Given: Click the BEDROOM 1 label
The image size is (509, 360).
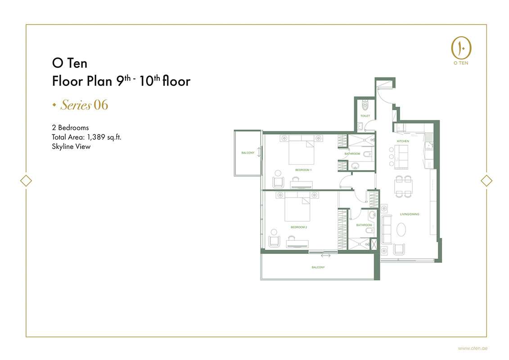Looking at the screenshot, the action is pyautogui.click(x=303, y=170).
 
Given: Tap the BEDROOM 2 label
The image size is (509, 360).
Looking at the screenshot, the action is pyautogui.click(x=299, y=227).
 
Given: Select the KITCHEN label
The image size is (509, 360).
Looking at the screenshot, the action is pyautogui.click(x=403, y=141).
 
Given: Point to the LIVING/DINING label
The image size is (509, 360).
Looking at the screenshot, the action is pyautogui.click(x=410, y=214).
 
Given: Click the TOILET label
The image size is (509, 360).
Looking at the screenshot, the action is pyautogui.click(x=365, y=116).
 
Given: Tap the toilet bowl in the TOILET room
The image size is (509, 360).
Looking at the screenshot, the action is pyautogui.click(x=365, y=105).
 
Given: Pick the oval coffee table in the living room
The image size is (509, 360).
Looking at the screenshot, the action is pyautogui.click(x=401, y=230).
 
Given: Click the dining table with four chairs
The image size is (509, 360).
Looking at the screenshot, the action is pyautogui.click(x=404, y=186).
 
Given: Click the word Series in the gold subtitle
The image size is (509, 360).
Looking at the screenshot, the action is pyautogui.click(x=76, y=105).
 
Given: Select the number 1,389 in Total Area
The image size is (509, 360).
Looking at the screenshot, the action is pyautogui.click(x=96, y=137).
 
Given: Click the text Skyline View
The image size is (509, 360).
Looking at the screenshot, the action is pyautogui.click(x=71, y=146).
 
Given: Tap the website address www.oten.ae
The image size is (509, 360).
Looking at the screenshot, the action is pyautogui.click(x=473, y=348).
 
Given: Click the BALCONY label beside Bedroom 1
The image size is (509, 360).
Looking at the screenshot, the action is pyautogui.click(x=248, y=153).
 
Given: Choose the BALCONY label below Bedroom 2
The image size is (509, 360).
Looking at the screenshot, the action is pyautogui.click(x=318, y=267).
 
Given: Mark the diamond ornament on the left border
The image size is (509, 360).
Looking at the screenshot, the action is pyautogui.click(x=26, y=180).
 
